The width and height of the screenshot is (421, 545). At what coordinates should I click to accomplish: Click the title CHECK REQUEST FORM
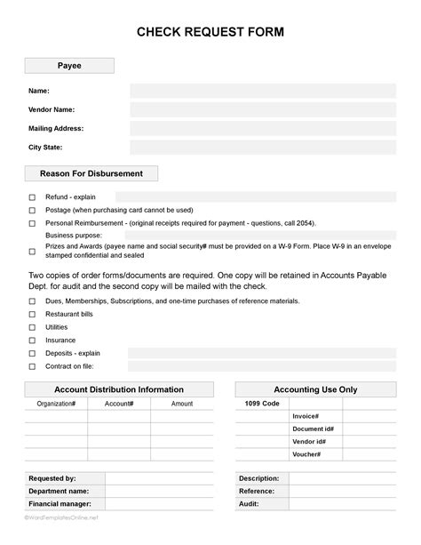[210, 33]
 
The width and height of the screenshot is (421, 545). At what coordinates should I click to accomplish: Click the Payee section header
[69, 66]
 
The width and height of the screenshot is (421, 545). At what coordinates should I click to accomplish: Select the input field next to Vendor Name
[262, 109]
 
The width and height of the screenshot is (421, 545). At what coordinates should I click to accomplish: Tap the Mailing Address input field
[262, 128]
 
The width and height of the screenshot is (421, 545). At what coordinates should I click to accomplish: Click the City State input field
[262, 148]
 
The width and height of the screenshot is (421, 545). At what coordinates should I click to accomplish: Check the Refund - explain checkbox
[33, 197]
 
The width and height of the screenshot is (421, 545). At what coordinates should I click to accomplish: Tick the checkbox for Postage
[33, 211]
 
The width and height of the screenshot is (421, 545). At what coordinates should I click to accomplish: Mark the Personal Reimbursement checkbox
[33, 223]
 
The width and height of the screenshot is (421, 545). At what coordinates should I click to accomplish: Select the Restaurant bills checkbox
[33, 314]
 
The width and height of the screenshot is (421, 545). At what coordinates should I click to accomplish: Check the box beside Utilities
[33, 327]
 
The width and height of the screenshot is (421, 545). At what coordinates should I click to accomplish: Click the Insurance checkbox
[33, 340]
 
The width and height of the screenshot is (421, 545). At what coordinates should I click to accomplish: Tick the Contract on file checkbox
[33, 366]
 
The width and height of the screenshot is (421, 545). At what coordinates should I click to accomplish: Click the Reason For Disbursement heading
[92, 173]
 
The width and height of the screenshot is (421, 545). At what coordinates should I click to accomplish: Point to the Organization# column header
[56, 404]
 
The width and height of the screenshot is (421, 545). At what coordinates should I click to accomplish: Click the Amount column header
[182, 404]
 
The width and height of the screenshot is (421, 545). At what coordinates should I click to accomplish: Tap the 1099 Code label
[262, 404]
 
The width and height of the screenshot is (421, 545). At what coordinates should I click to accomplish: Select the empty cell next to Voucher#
[369, 454]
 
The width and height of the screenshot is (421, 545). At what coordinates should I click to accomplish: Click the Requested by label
[52, 478]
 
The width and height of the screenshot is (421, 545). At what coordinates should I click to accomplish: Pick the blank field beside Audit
[343, 503]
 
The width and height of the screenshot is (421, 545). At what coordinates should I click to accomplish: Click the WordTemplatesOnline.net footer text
[61, 517]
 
